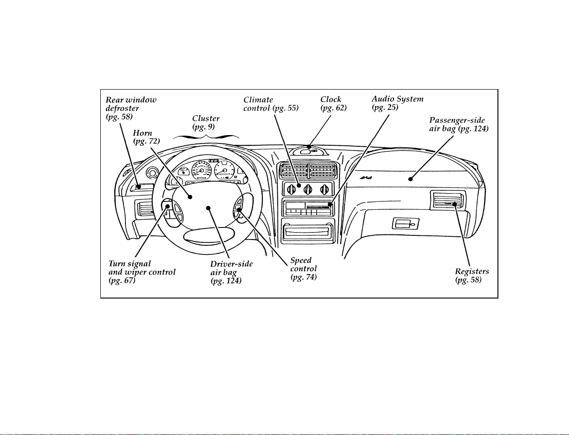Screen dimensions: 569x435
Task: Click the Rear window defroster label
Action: coord(131,108)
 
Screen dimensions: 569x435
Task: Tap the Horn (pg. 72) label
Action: coord(146,137)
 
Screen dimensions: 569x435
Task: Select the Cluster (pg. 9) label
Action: coord(206,123)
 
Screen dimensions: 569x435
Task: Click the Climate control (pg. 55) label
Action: coord(271,104)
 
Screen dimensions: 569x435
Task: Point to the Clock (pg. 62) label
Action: coord(334,104)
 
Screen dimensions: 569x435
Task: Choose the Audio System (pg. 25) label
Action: coord(398,103)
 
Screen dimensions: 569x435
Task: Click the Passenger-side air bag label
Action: coord(458,124)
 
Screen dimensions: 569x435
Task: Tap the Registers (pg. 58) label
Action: coord(472,276)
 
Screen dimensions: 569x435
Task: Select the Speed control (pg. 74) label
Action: coord(303,269)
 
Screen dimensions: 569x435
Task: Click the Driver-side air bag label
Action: coord(231,273)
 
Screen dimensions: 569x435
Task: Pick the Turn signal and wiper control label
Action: coord(142,272)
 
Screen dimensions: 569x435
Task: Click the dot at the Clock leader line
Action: coord(309,147)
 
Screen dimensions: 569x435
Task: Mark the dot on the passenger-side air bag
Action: coord(410,179)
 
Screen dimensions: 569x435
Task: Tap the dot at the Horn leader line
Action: coord(190,197)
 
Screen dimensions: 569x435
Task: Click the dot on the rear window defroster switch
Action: coord(139,187)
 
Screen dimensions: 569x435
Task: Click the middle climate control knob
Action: coord(307,189)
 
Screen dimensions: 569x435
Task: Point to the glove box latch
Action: coord(405,224)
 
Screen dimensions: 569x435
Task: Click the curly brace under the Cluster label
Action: coord(206,136)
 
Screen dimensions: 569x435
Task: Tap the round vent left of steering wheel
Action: coord(152,172)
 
